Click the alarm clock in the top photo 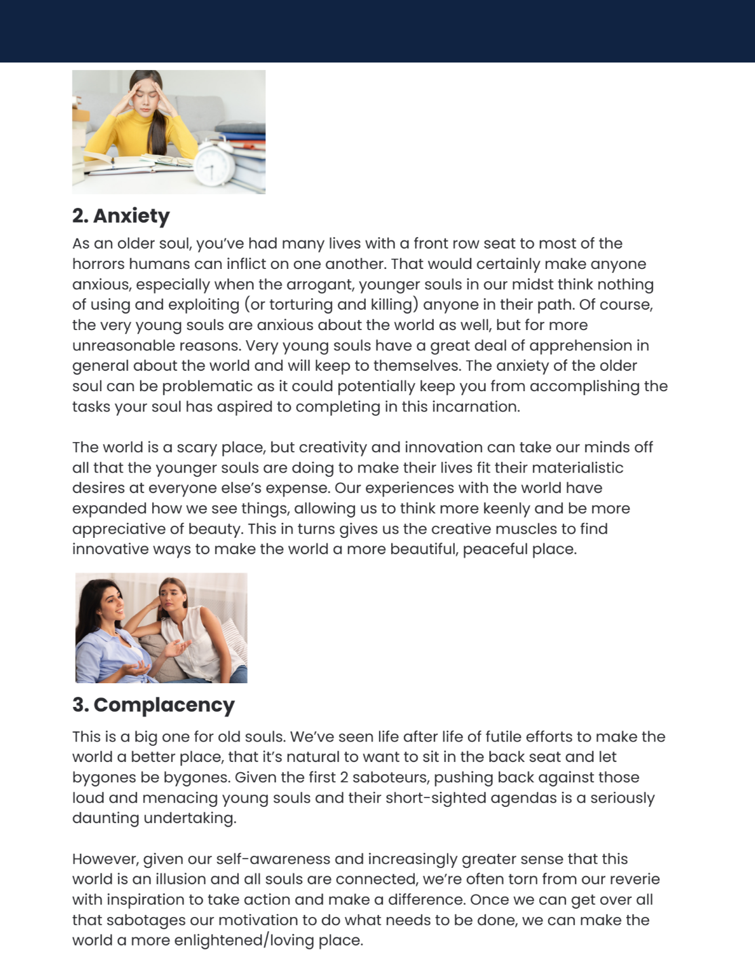pos(215,161)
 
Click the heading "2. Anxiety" pos(121,215)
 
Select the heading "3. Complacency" pos(153,704)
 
